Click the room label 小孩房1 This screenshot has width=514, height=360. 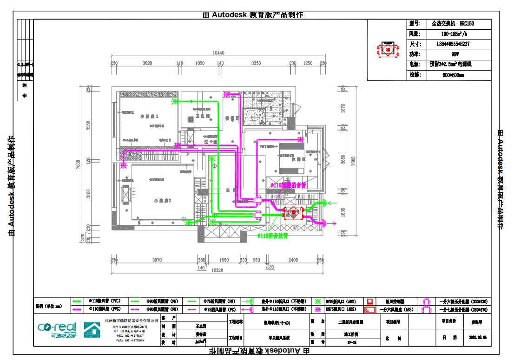(150, 116)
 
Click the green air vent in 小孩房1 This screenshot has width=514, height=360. (175, 101)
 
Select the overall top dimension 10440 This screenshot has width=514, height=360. (218, 53)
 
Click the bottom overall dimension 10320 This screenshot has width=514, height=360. (217, 270)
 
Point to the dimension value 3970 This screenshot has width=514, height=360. (157, 260)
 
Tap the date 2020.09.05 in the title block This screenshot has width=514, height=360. (478, 338)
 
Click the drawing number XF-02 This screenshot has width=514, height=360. (351, 342)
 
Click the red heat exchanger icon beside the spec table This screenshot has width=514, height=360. (388, 49)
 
